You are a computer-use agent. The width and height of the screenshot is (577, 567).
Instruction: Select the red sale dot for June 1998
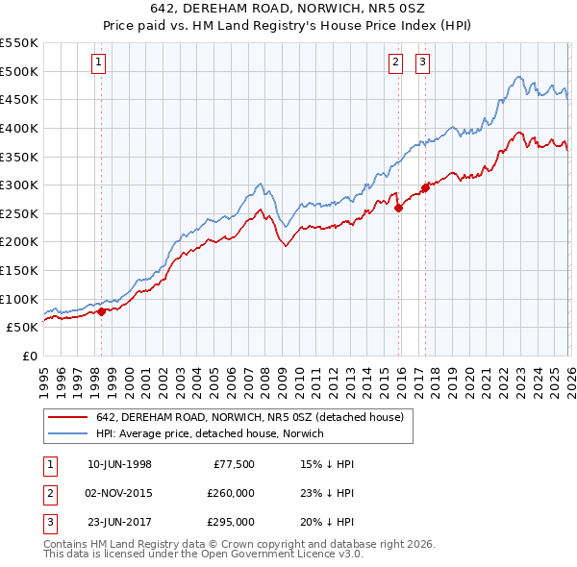[101, 311]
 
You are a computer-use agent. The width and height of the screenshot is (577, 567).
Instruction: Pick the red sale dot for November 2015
[397, 208]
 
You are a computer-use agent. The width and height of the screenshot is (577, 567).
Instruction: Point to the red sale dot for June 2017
[425, 187]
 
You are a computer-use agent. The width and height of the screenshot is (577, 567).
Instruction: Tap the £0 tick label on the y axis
[29, 356]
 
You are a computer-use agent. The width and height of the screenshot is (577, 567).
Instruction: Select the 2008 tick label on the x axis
[263, 376]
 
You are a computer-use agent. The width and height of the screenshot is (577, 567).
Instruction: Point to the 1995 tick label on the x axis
[43, 376]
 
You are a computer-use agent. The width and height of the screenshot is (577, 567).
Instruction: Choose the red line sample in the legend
[68, 418]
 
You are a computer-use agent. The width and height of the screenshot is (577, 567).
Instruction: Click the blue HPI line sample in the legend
[68, 433]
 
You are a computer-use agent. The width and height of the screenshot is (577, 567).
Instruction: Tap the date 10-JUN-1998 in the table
[119, 464]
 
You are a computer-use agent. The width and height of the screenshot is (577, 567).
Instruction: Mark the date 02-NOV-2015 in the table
[119, 493]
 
